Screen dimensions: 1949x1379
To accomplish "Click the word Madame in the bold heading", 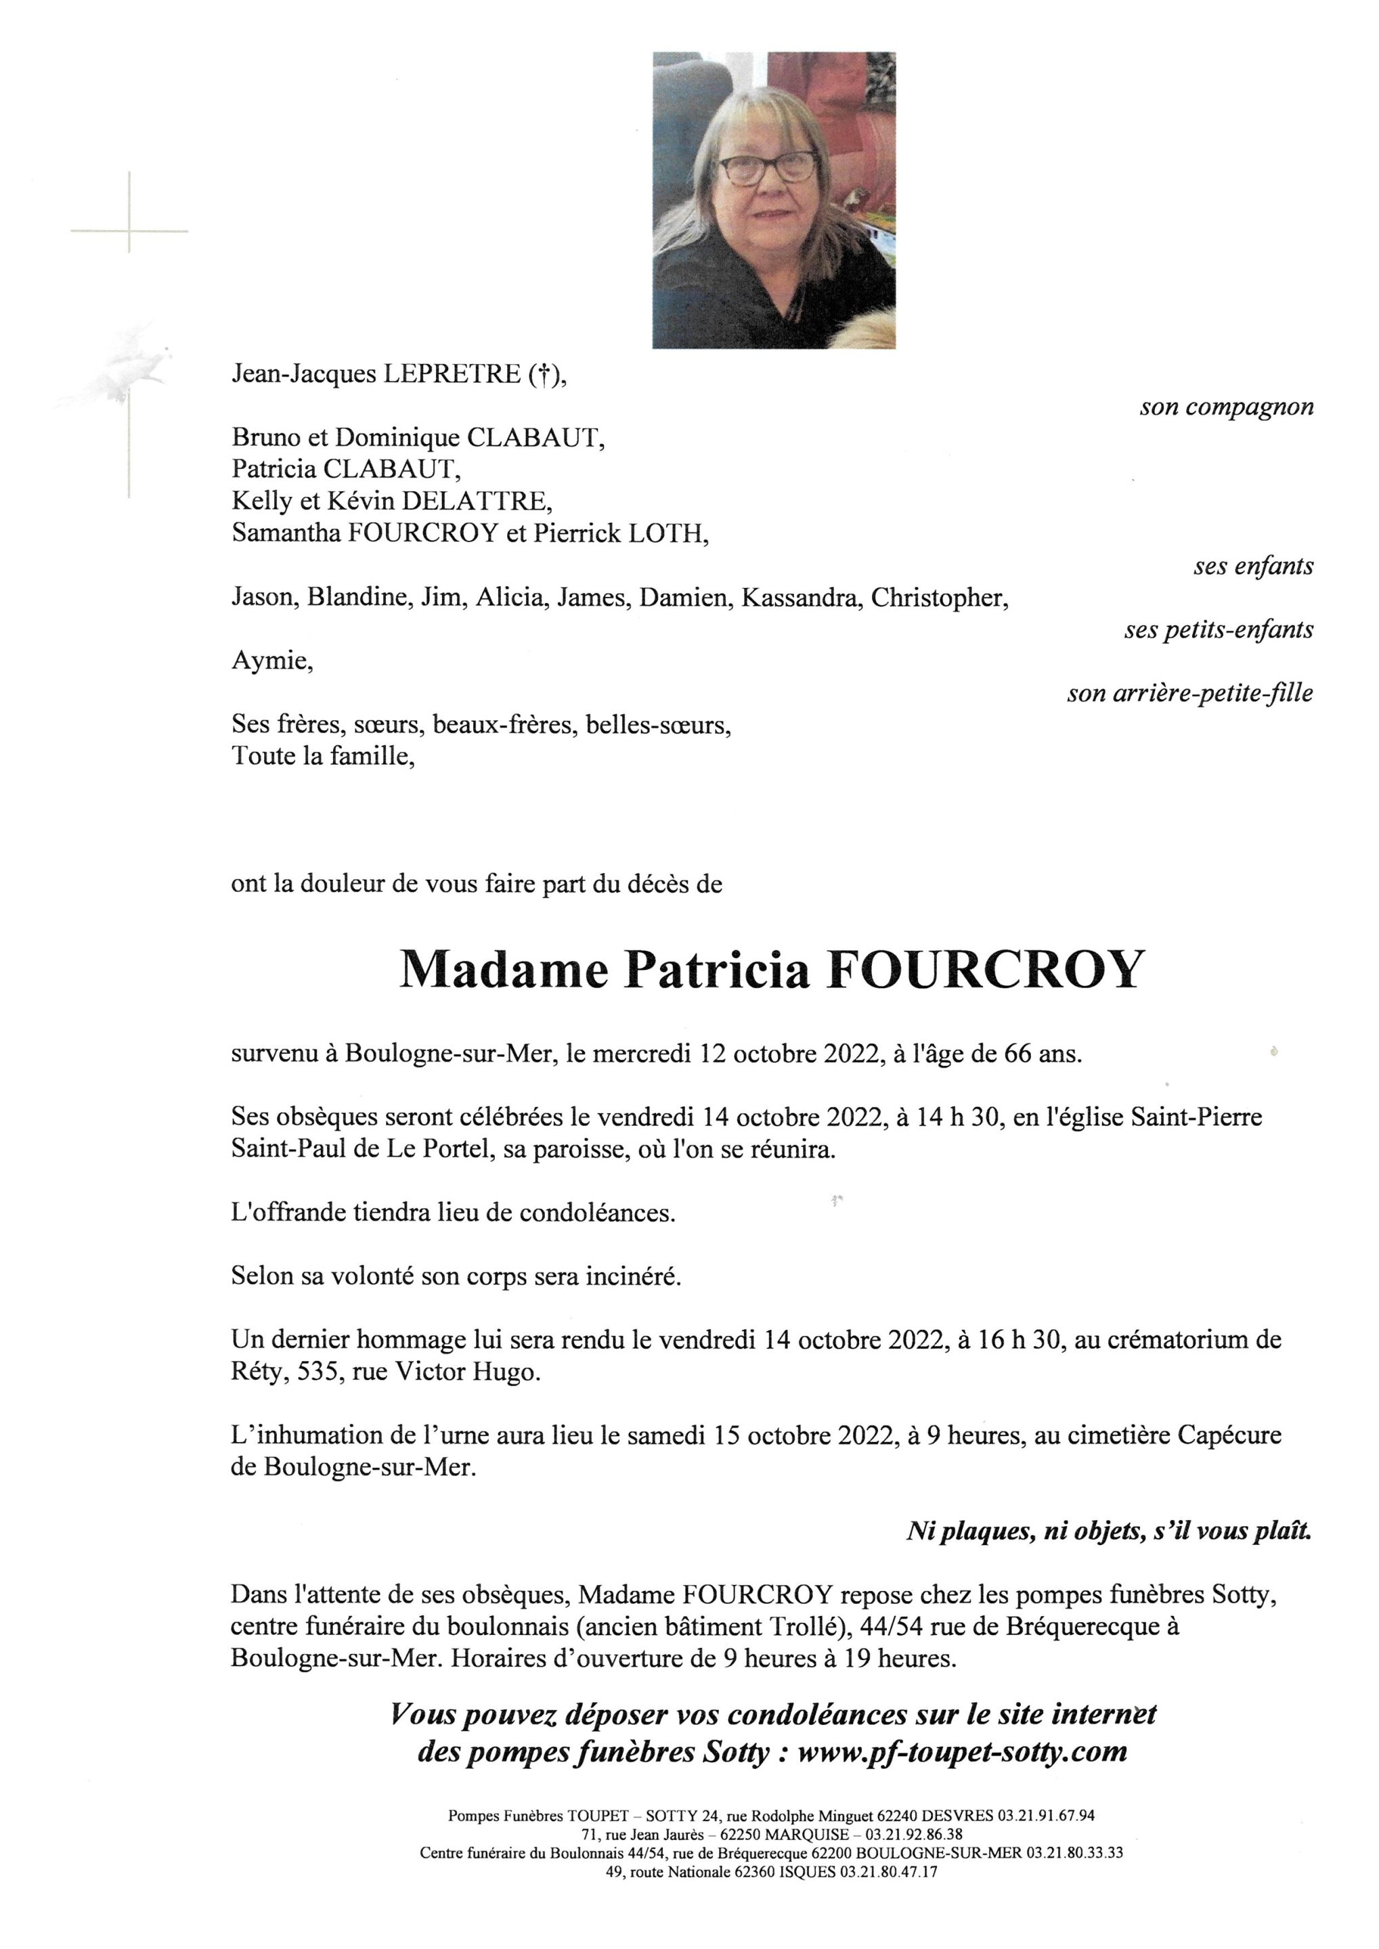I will pyautogui.click(x=504, y=970).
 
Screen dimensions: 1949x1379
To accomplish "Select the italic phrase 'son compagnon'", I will pyautogui.click(x=1226, y=407).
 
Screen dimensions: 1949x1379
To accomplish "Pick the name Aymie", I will pyautogui.click(x=271, y=661).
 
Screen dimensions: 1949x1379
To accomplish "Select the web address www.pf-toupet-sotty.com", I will pyautogui.click(x=963, y=1751).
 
